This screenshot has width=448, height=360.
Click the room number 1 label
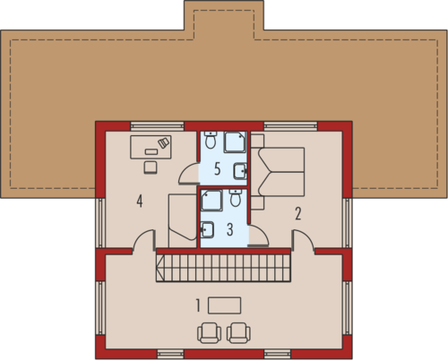198,305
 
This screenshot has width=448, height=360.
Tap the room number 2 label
298,213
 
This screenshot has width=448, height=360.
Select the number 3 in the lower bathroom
229,229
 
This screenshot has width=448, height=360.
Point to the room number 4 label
140,201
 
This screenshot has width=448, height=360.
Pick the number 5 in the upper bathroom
218,169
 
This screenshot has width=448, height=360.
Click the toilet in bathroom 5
211,140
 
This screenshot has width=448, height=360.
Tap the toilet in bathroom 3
236,198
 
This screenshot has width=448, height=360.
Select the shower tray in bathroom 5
235,141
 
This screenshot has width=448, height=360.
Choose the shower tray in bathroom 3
211,201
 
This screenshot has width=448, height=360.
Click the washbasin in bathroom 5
240,171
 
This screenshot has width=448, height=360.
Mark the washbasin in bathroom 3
207,229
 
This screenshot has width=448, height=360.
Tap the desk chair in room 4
151,167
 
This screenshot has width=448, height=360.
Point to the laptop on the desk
164,142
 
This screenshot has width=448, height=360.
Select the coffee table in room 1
224,305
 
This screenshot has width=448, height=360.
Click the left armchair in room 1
209,332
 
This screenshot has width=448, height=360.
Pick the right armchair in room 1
238,332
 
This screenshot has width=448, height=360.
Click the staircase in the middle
223,268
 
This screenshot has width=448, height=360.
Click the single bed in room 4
182,221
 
